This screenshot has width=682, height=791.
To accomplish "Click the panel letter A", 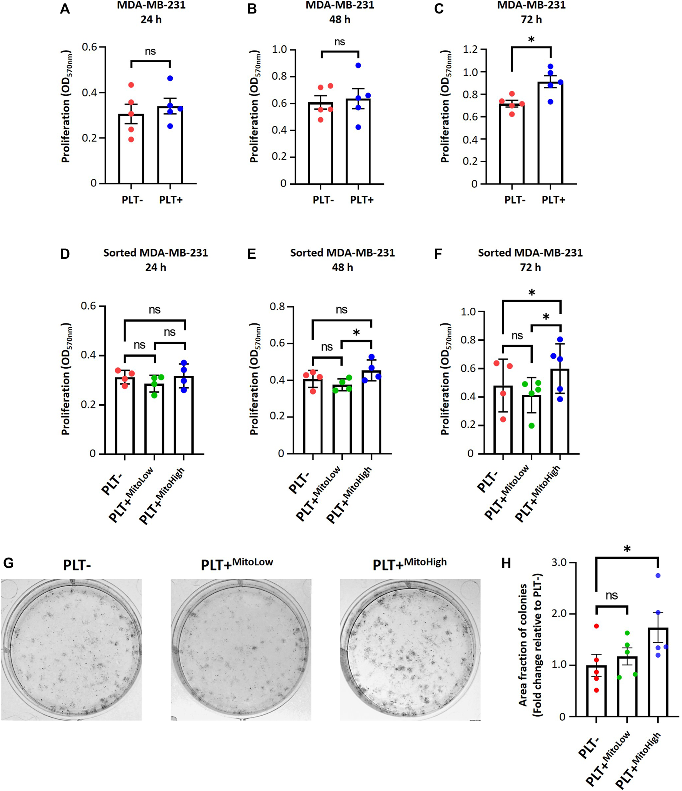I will coord(65,8).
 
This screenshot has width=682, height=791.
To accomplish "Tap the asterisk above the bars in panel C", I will coord(532,40).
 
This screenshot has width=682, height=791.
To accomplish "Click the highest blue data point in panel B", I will coord(358,65).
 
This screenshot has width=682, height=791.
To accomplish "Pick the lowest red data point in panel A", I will coord(131,140).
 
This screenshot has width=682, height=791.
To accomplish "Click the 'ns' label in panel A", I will coord(150,51).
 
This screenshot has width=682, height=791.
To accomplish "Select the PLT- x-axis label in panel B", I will coord(323,200).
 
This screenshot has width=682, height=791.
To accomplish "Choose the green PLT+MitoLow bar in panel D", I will coord(154,419).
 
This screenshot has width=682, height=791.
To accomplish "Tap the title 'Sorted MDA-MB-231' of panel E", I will coord(342,253).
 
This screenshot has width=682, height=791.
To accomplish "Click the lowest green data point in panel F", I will coord(532,426).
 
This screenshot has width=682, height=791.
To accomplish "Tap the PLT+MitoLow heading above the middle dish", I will coord(237,564).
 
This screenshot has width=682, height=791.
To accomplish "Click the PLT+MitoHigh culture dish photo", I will coord(410,649).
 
